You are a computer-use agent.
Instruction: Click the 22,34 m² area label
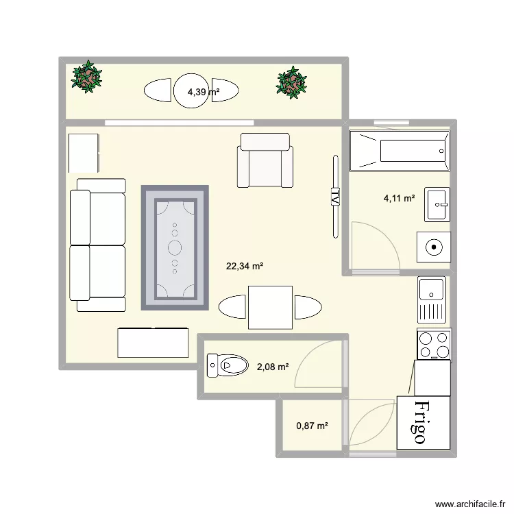coord(245,267)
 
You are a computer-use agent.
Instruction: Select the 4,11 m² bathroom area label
coord(399,199)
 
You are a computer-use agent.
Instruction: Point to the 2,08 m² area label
coord(272,367)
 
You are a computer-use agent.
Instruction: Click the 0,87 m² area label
coord(312,426)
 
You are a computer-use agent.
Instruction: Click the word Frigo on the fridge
coord(423,422)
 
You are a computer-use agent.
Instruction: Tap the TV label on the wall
coord(335,197)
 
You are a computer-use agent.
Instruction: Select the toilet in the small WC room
coord(228,365)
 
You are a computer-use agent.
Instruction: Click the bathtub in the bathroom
coord(399,151)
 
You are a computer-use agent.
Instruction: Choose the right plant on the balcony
coord(292,83)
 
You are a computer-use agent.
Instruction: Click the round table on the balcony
coord(192,90)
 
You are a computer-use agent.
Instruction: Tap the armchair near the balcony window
coord(265,160)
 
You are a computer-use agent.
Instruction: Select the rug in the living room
coord(175,247)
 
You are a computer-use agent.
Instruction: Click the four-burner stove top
coord(433,344)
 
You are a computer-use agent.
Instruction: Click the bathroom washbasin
coord(437,204)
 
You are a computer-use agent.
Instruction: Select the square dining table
coord(269,308)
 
